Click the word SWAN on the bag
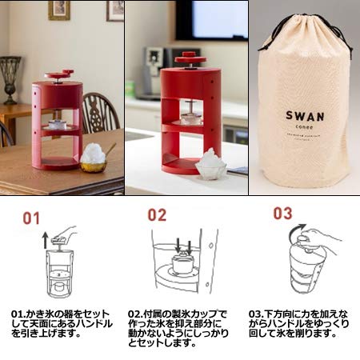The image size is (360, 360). [x=305, y=115]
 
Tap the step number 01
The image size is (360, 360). [x=31, y=217]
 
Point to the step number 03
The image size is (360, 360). [x=283, y=214]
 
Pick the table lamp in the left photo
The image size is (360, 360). [x=11, y=76]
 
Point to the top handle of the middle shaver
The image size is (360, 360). [x=186, y=57]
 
